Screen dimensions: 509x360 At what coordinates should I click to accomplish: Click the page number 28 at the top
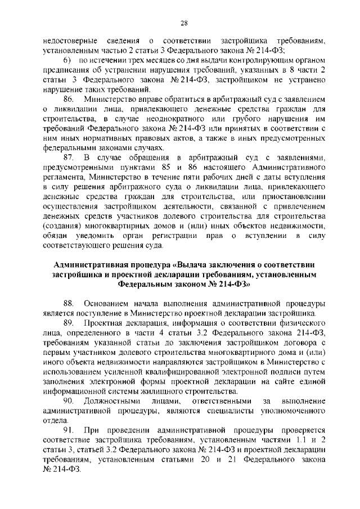coord(183,22)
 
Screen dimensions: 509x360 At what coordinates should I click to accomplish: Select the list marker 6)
coord(66,59)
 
